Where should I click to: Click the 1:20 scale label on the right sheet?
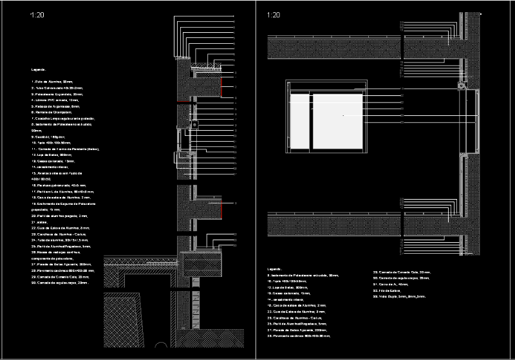[273, 14]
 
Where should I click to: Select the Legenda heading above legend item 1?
[39, 69]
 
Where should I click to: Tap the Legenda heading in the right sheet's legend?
[274, 269]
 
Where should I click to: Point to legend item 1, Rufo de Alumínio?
[52, 82]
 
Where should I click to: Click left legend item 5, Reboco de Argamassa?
[55, 107]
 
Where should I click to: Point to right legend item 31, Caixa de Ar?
[390, 284]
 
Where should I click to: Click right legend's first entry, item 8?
[302, 275]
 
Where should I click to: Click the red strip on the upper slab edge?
[221, 84]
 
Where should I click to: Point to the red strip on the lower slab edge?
[221, 209]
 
